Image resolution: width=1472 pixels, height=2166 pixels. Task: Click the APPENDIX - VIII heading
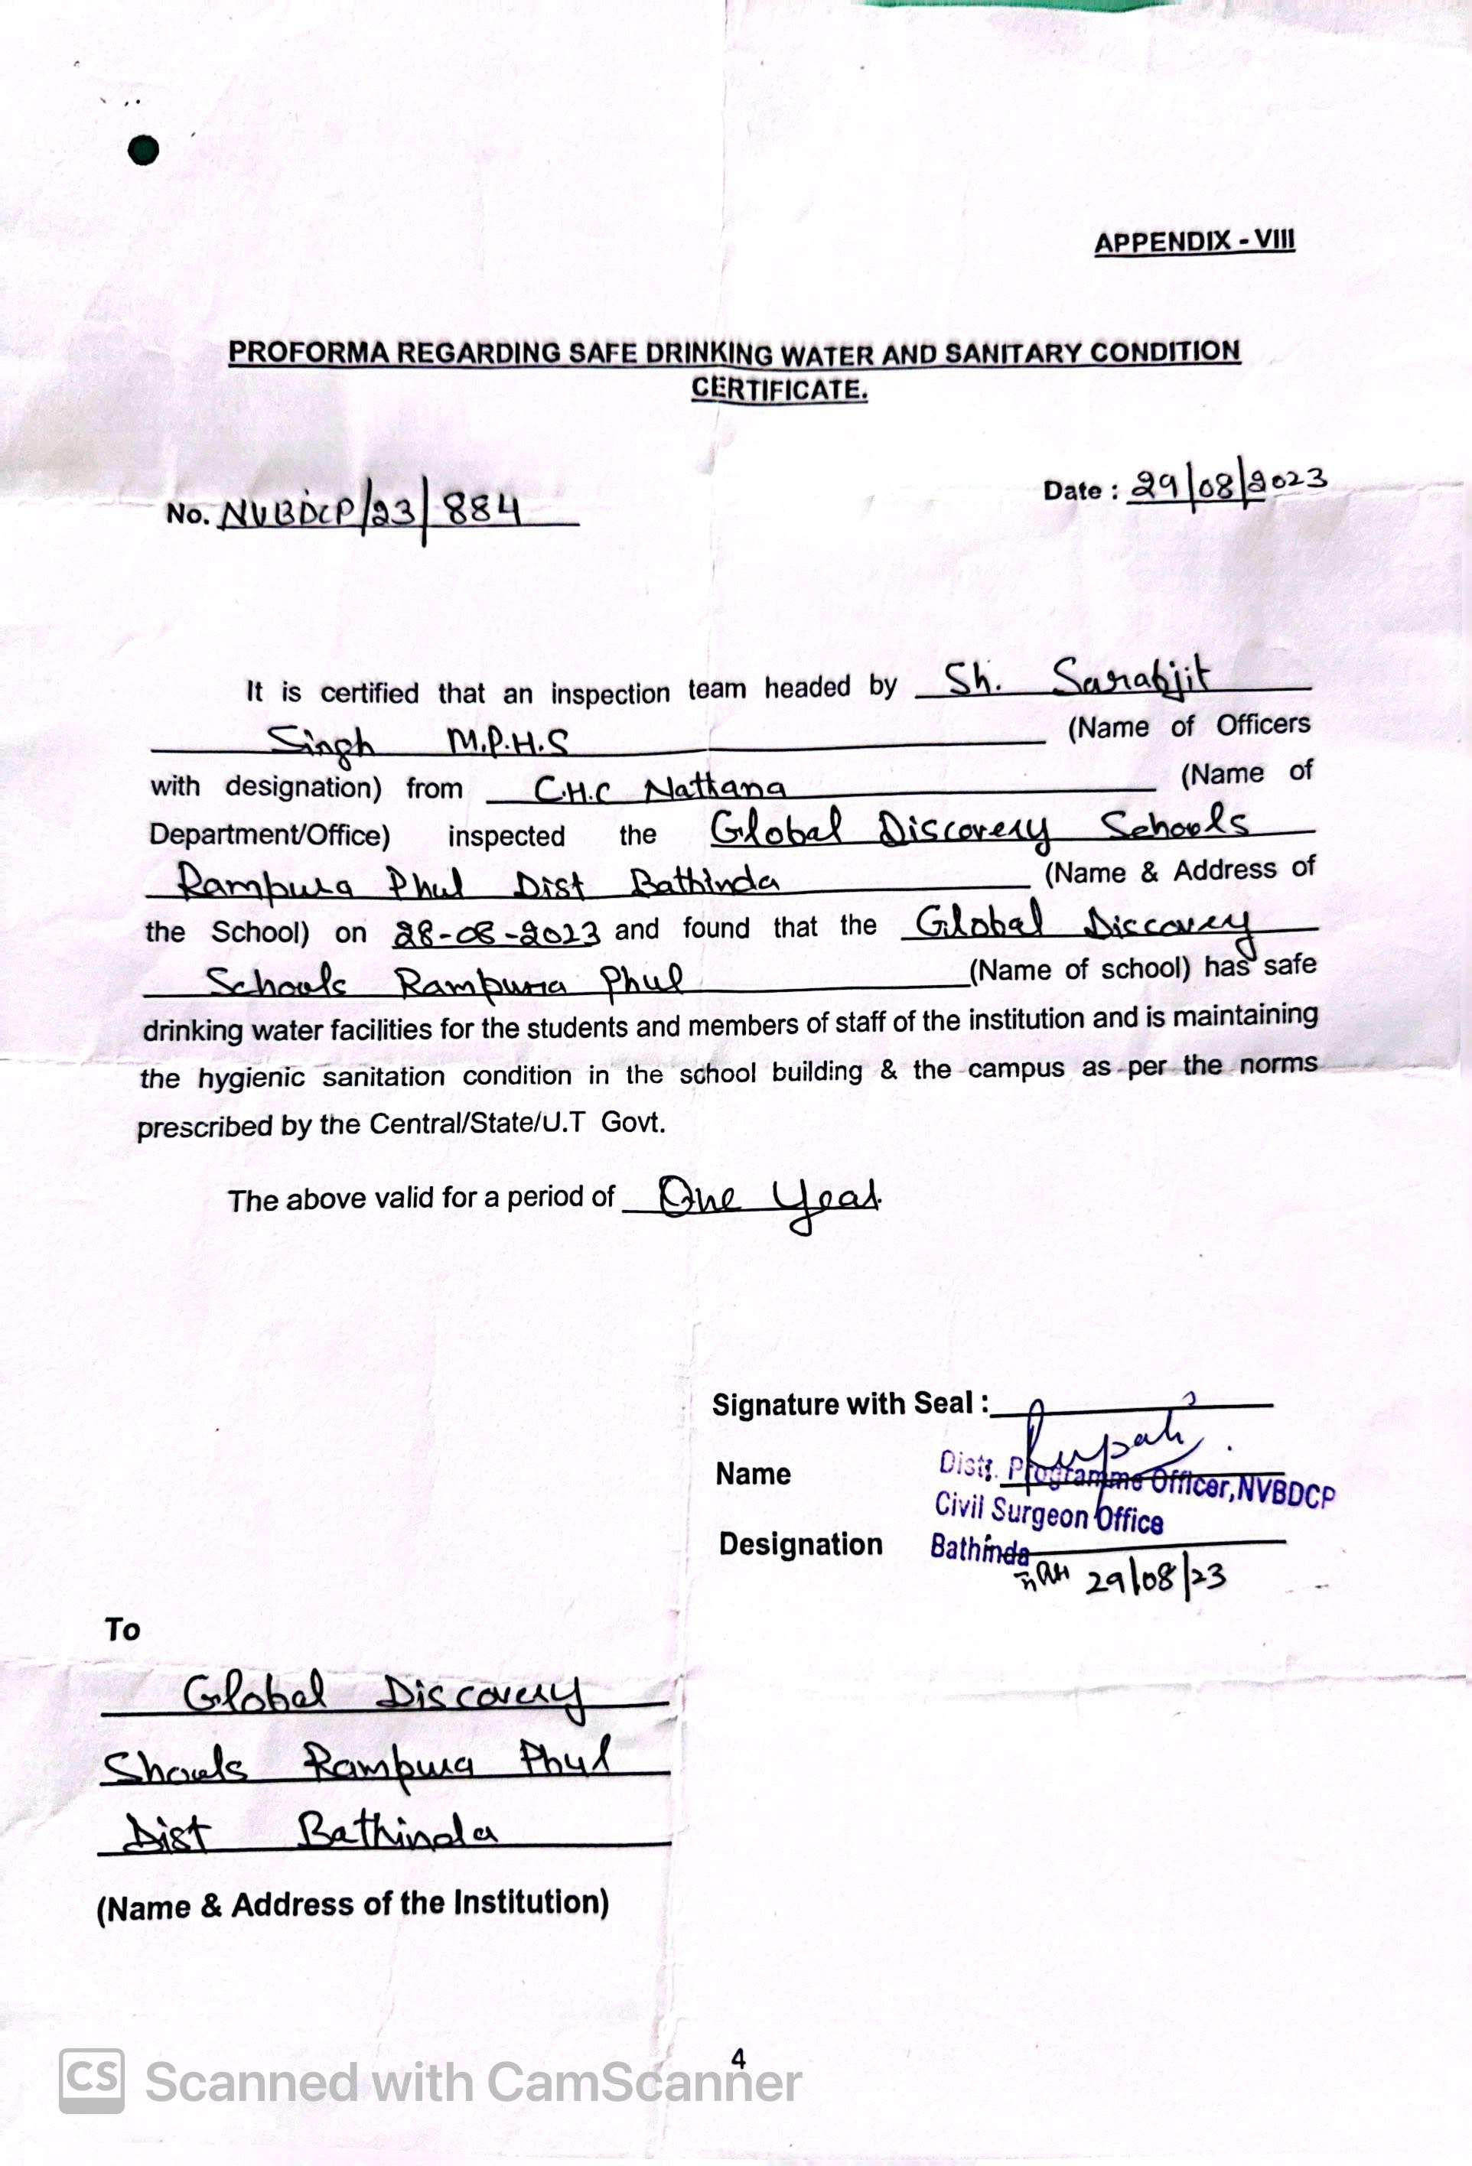pos(1194,242)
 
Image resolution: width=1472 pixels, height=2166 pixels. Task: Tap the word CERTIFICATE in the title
pos(780,389)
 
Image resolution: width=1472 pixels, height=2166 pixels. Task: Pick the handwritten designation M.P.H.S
pos(508,743)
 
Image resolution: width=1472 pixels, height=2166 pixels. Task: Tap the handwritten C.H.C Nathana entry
pos(659,790)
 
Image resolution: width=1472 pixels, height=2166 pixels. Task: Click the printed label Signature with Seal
pos(849,1404)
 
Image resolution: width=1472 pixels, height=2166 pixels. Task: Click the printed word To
pos(122,1630)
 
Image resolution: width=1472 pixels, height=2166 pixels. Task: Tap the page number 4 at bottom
pos(738,2058)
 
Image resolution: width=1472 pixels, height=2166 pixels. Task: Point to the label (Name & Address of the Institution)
pos(353,1904)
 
